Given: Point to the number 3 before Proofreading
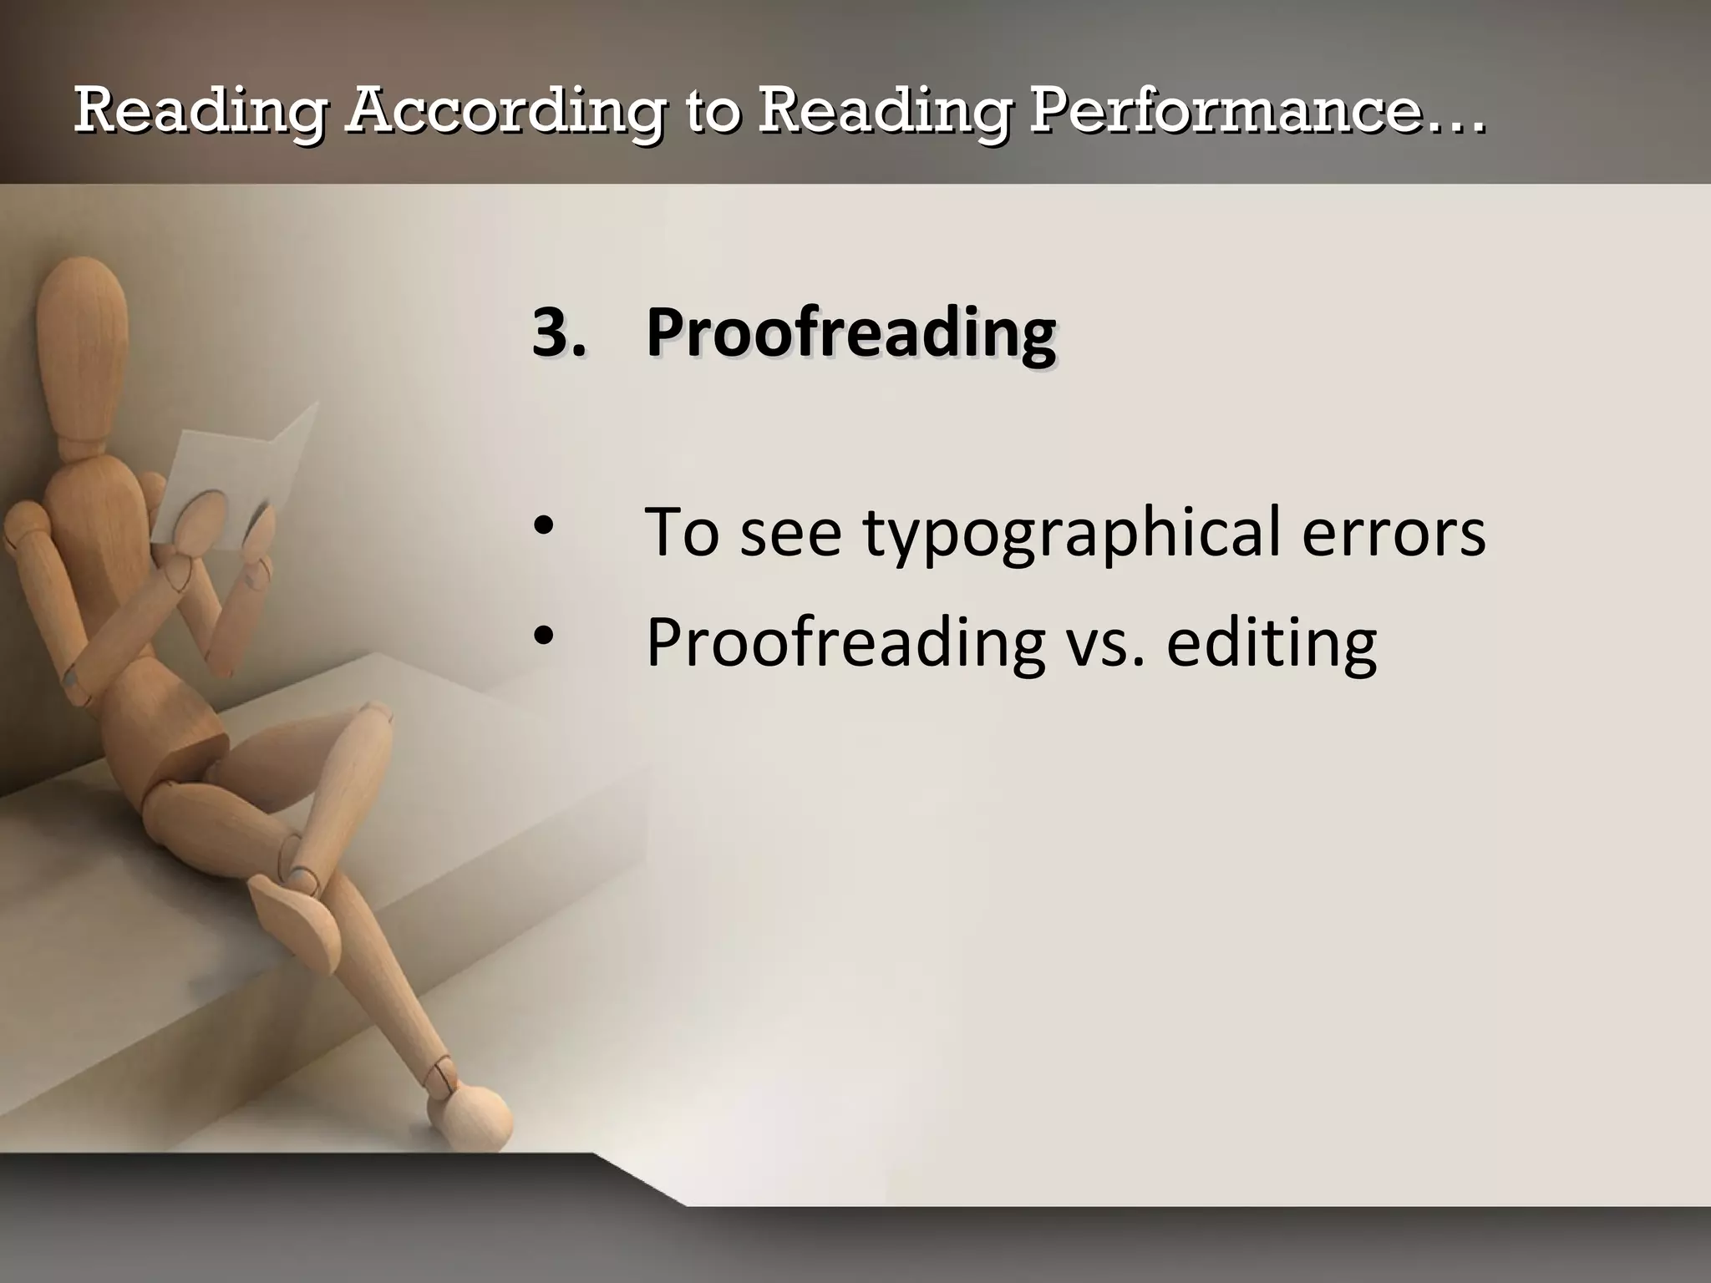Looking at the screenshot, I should click(551, 332).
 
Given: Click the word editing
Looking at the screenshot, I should click(1271, 644).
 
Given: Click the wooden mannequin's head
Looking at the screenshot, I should click(82, 334).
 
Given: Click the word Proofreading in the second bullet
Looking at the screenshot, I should click(845, 644).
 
